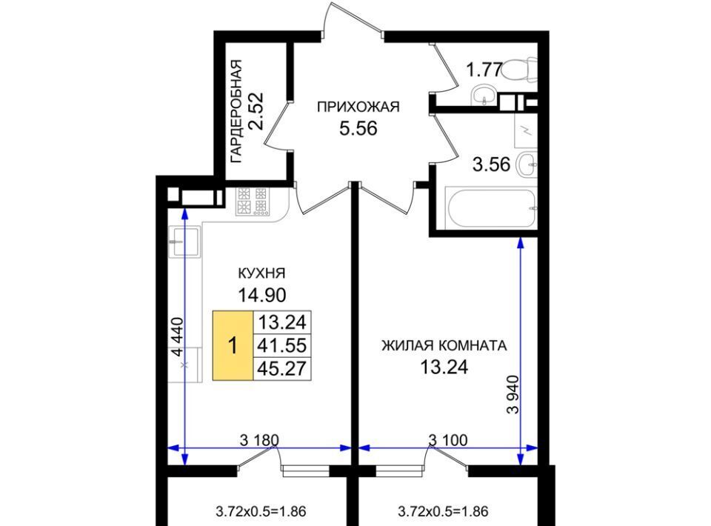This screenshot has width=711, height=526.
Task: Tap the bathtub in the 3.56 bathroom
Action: coord(492,209)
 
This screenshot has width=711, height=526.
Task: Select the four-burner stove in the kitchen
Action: coord(252,201)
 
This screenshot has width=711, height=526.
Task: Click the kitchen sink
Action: coord(184,241)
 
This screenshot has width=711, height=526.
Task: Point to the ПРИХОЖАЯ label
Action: coord(358,107)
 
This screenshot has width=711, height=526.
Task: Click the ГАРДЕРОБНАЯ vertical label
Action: coord(237,112)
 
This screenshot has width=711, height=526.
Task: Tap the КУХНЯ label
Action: coord(261,273)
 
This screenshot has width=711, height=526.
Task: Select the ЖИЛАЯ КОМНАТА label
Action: coord(444,346)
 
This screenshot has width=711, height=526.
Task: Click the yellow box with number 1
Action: coord(233,345)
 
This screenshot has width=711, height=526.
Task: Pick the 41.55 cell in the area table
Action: coord(282,345)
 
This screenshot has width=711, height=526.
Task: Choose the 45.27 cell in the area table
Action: coord(282,368)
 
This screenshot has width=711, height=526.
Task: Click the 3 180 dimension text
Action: coord(259,440)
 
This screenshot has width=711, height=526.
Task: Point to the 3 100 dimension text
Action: coord(448,440)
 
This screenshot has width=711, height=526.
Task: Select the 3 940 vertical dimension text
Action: coord(513,394)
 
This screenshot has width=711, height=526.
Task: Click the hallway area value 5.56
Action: coord(358,129)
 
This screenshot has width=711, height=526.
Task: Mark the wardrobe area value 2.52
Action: coord(257,112)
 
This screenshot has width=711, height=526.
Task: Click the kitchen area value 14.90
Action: coord(262,295)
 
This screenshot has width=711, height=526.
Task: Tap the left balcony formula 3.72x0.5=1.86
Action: coord(261,512)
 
